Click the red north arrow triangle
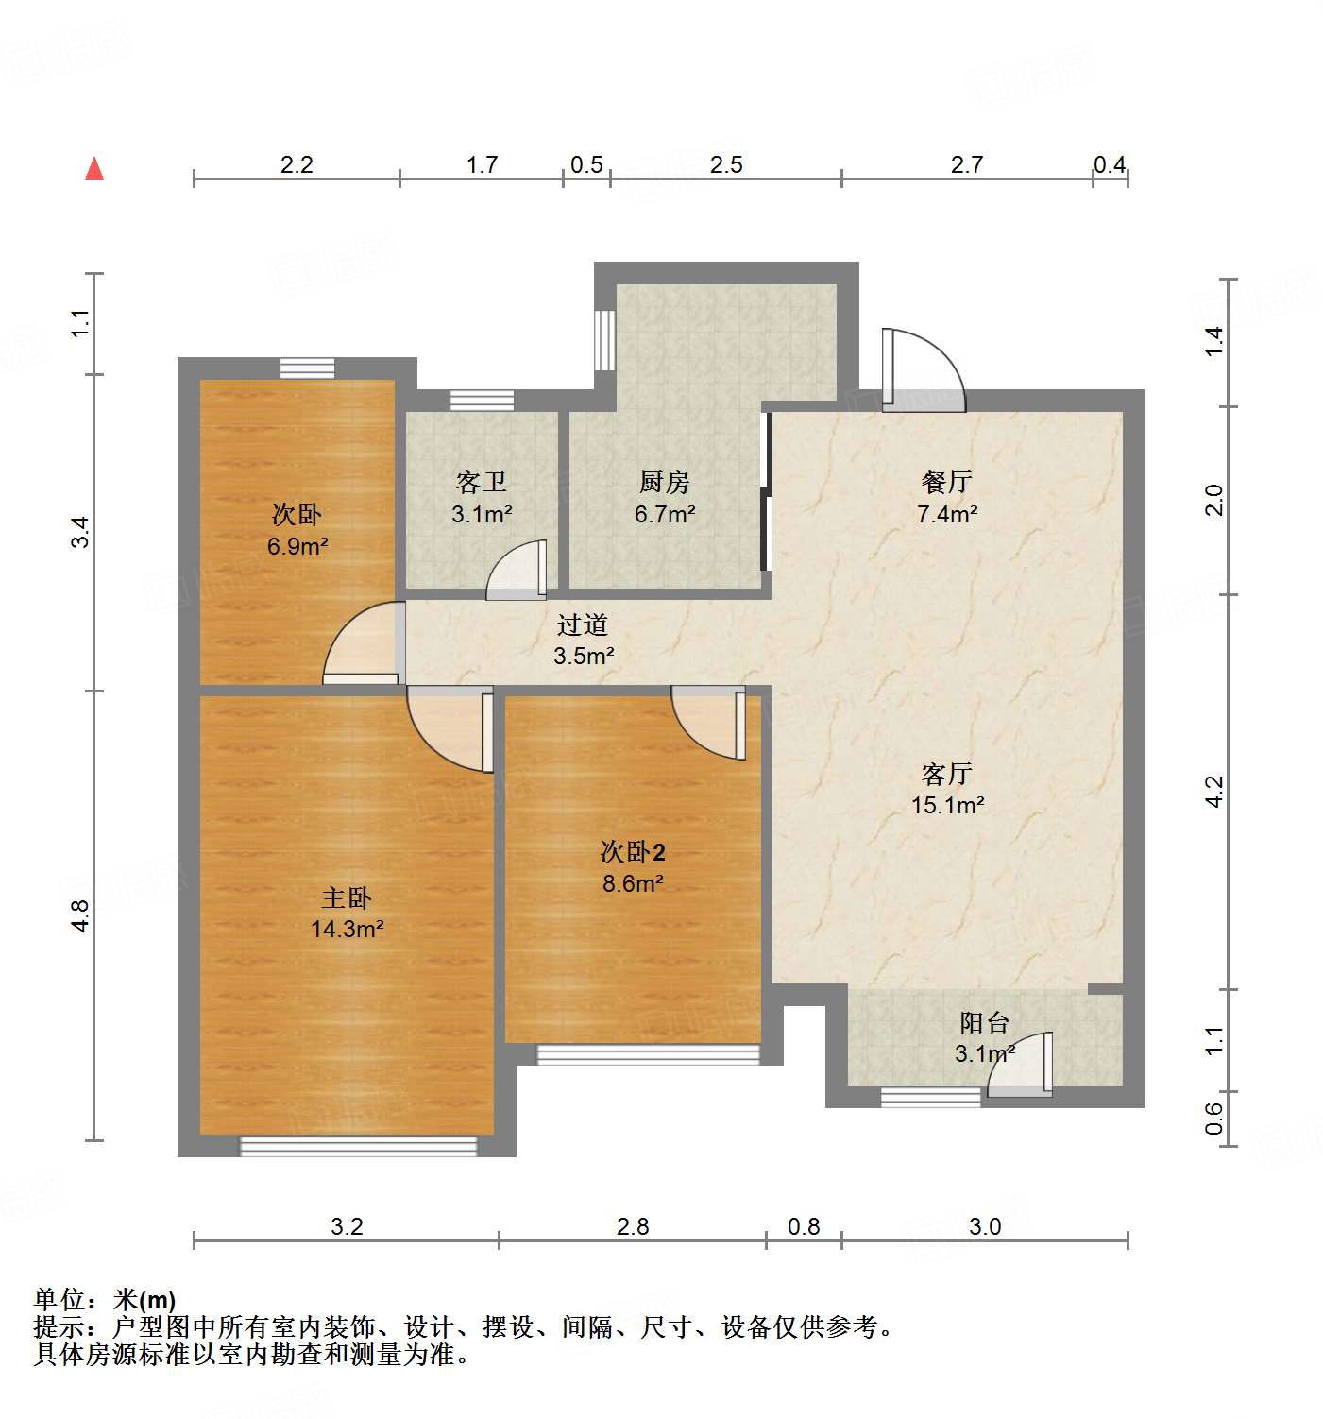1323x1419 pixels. point(94,169)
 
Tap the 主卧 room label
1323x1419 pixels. point(347,898)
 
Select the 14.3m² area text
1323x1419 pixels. point(347,929)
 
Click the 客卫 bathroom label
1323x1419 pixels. point(482,483)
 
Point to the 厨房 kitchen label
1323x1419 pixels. point(665,483)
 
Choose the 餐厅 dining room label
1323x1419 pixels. point(947,483)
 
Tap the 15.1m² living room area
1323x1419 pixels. point(947,805)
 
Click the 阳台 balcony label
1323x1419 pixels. point(985,1022)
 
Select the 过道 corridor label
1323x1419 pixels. point(583,624)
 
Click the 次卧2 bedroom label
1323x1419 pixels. point(633,852)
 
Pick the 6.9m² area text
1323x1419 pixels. point(297,546)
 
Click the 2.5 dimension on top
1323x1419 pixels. point(726,164)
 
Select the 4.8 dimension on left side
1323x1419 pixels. point(81,916)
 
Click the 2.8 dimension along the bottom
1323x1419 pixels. point(633,1226)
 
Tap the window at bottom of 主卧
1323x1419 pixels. point(358,1146)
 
